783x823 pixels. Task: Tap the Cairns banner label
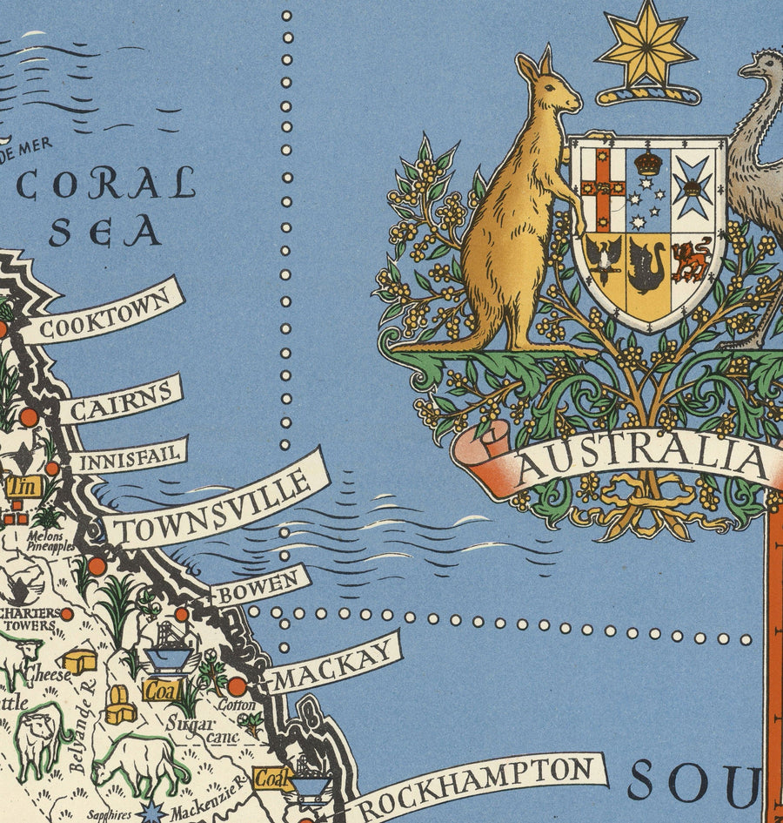(x=120, y=401)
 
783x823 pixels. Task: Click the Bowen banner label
(x=260, y=586)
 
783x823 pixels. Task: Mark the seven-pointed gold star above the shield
(x=646, y=48)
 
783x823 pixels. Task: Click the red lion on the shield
(x=692, y=259)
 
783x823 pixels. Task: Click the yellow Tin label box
(x=23, y=487)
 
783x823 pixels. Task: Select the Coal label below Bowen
(x=162, y=691)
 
